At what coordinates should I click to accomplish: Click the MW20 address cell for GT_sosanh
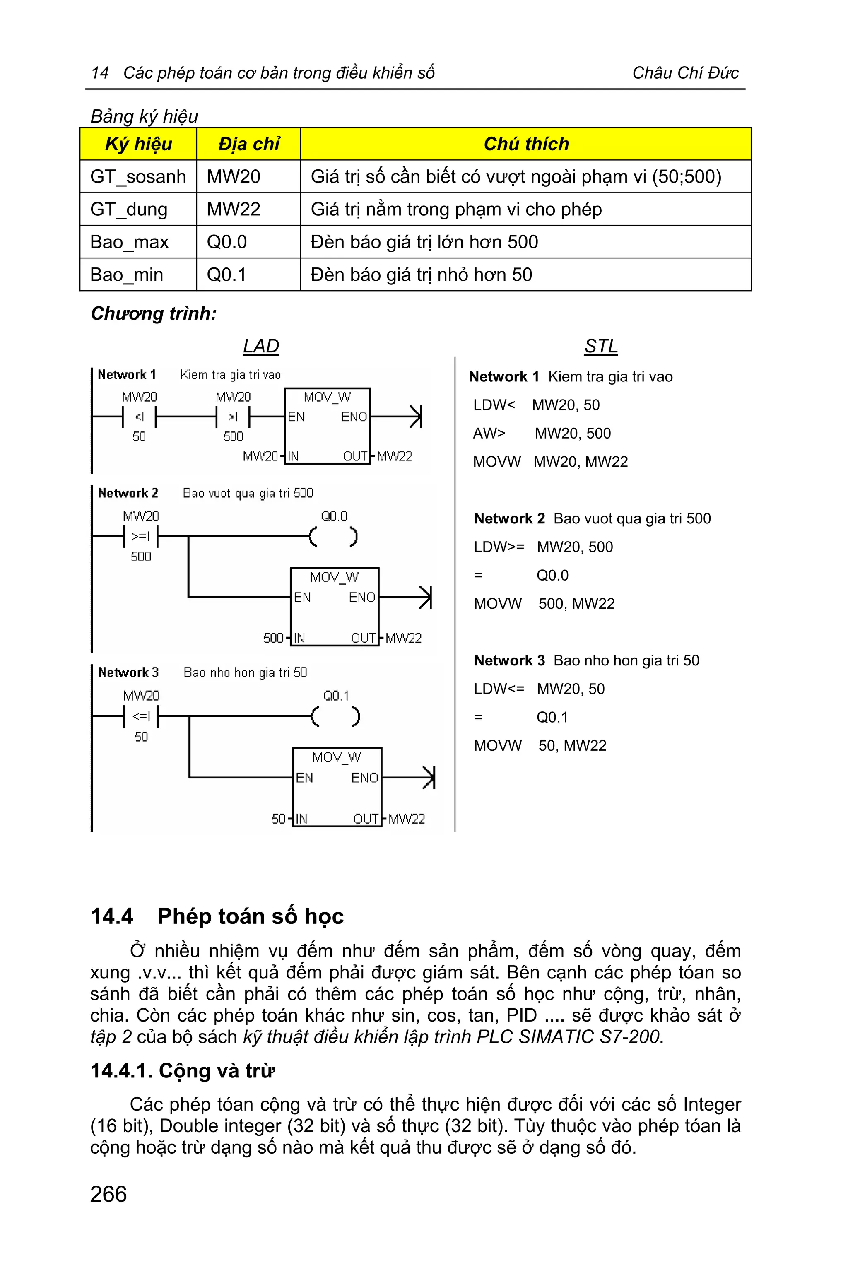click(234, 177)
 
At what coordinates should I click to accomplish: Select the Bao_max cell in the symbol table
click(129, 242)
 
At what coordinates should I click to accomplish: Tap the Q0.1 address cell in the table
click(226, 275)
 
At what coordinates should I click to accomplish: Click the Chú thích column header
click(526, 144)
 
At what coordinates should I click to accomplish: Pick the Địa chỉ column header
click(248, 144)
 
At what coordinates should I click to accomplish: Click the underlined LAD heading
click(261, 346)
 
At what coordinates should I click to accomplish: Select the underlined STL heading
click(601, 346)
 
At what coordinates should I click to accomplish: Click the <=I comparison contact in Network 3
click(141, 716)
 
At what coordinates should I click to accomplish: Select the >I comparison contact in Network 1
click(233, 417)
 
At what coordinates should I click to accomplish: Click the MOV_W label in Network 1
click(327, 398)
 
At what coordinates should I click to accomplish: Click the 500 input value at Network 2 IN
click(273, 638)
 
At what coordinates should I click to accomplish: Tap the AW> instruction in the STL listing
click(489, 433)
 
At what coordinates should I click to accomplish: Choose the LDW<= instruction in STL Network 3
click(499, 689)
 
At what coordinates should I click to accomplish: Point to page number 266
click(108, 1194)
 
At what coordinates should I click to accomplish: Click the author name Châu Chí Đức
click(685, 73)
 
